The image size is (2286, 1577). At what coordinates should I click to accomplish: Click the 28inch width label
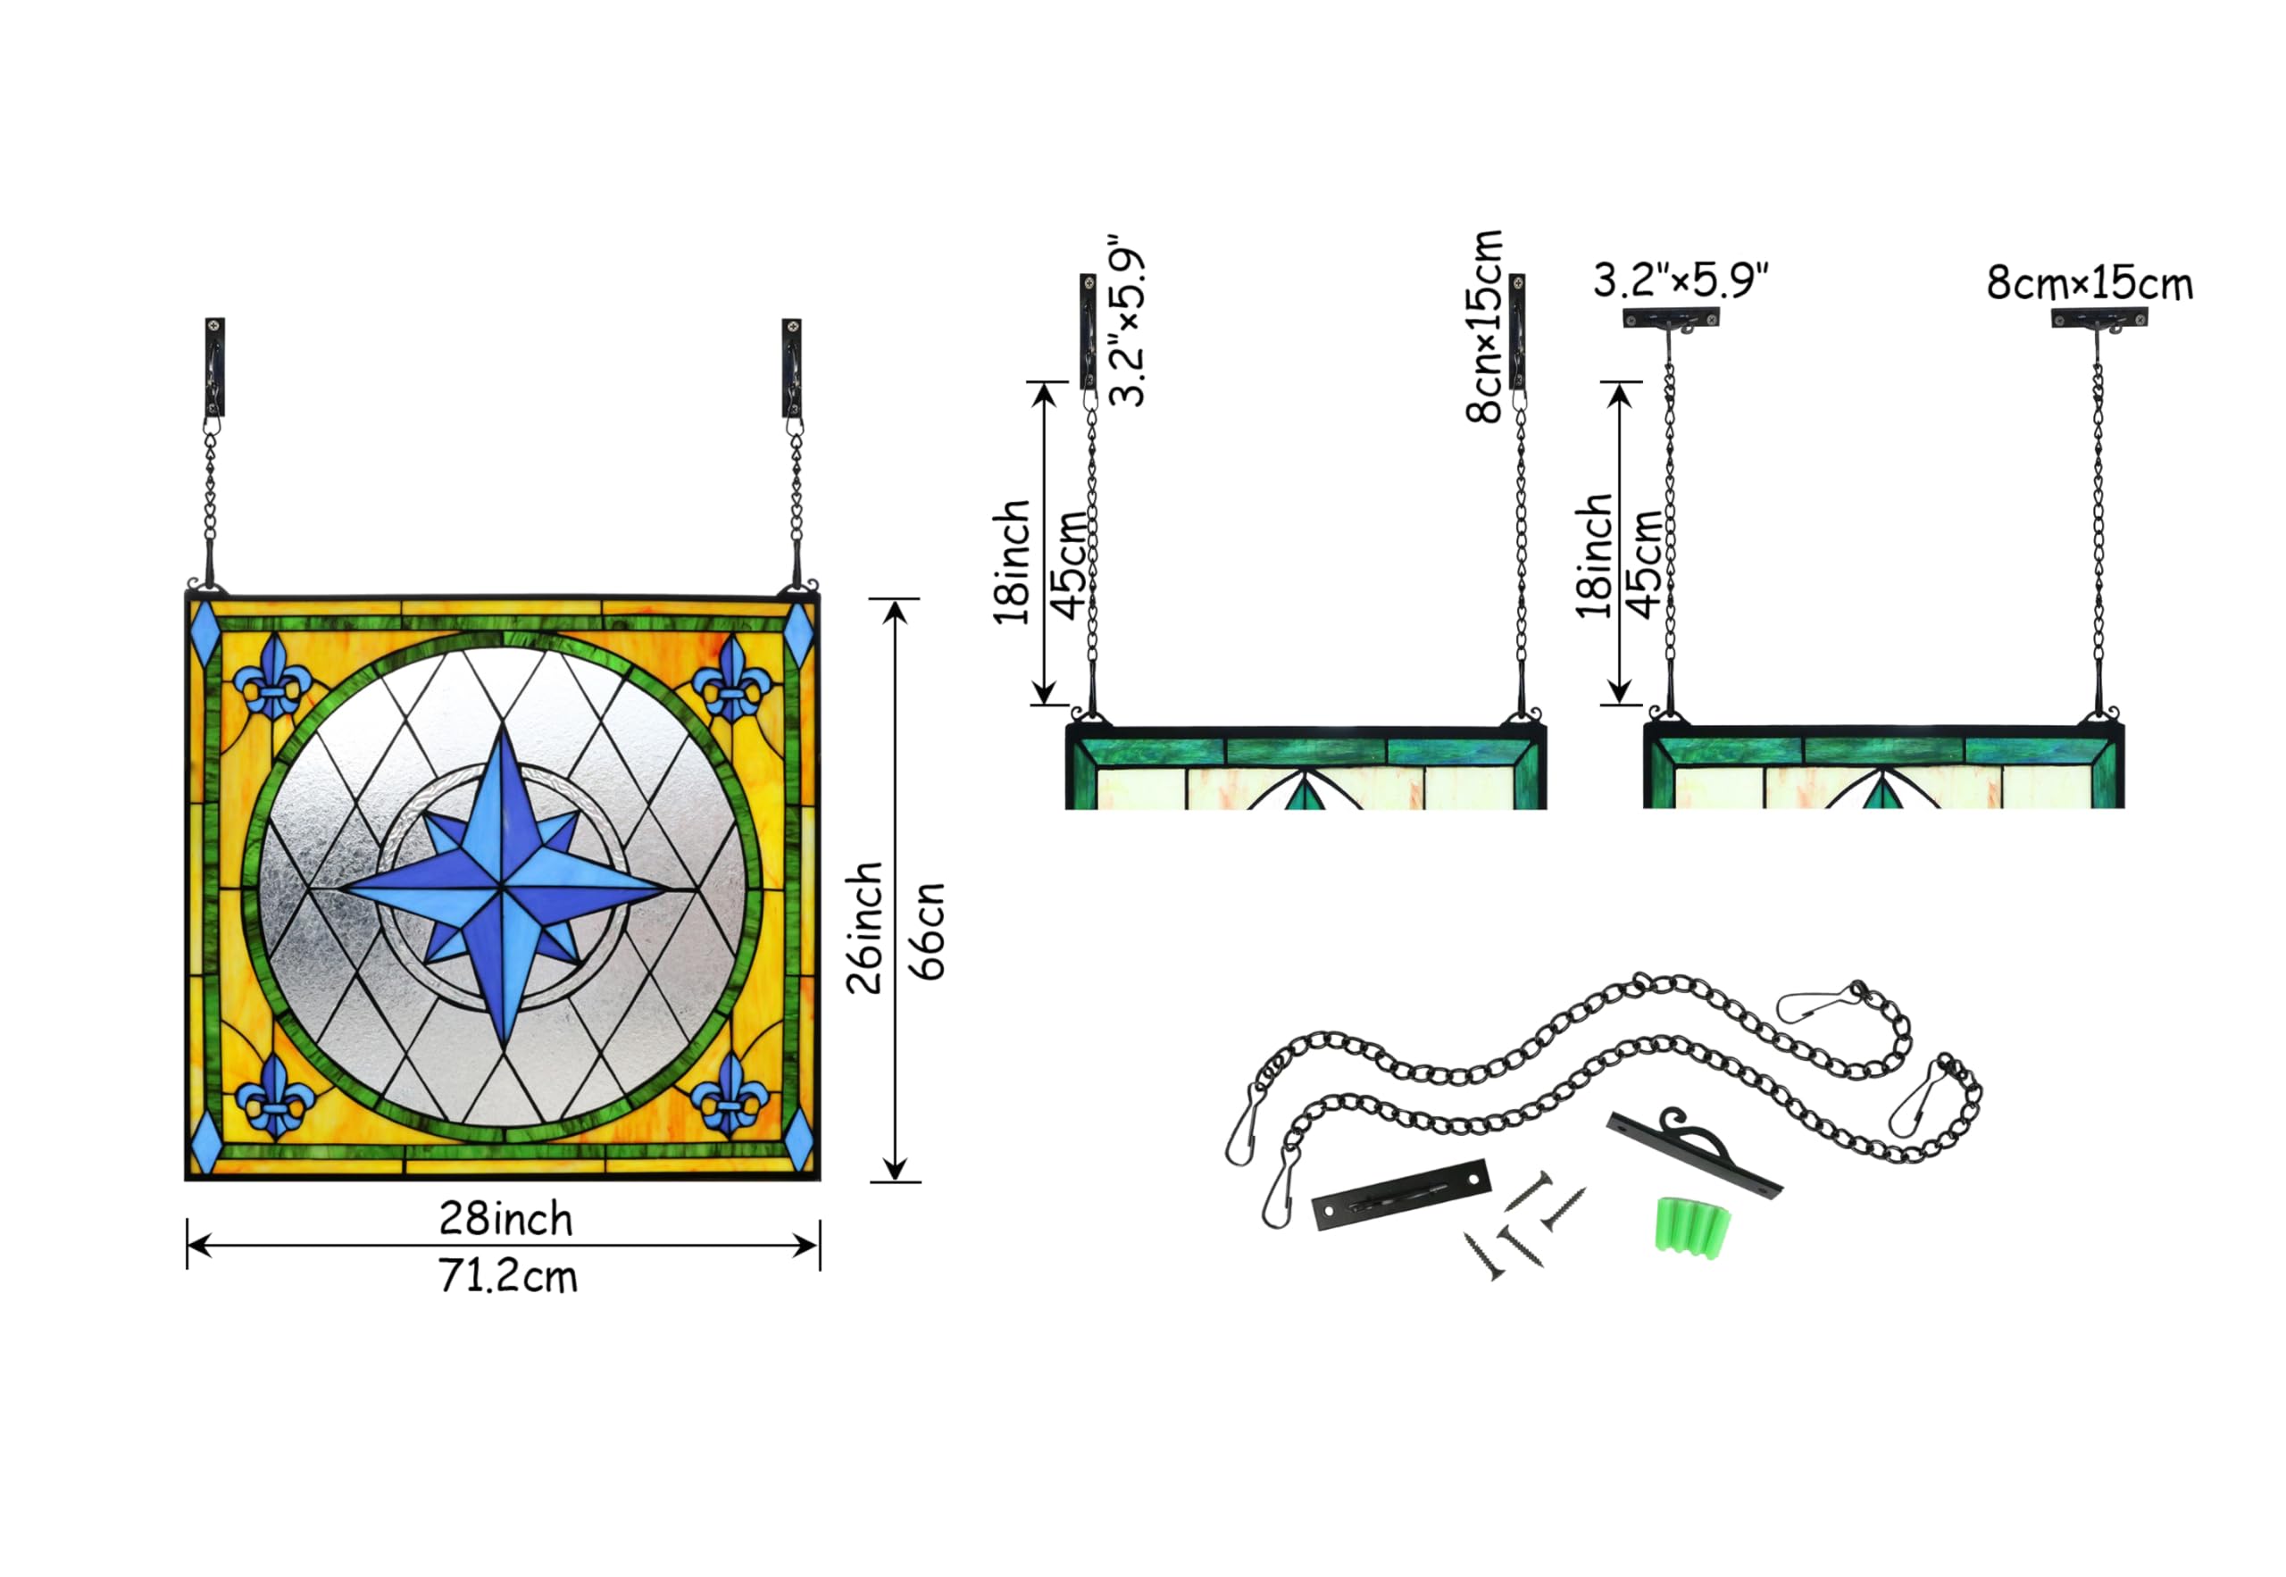pos(505,1219)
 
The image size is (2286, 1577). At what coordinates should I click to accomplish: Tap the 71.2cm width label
pos(508,1277)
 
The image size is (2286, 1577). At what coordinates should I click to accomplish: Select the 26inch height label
pos(864,927)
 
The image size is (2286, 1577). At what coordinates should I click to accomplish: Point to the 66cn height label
pos(927,930)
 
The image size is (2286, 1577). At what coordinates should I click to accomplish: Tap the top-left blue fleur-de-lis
pos(272,676)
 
